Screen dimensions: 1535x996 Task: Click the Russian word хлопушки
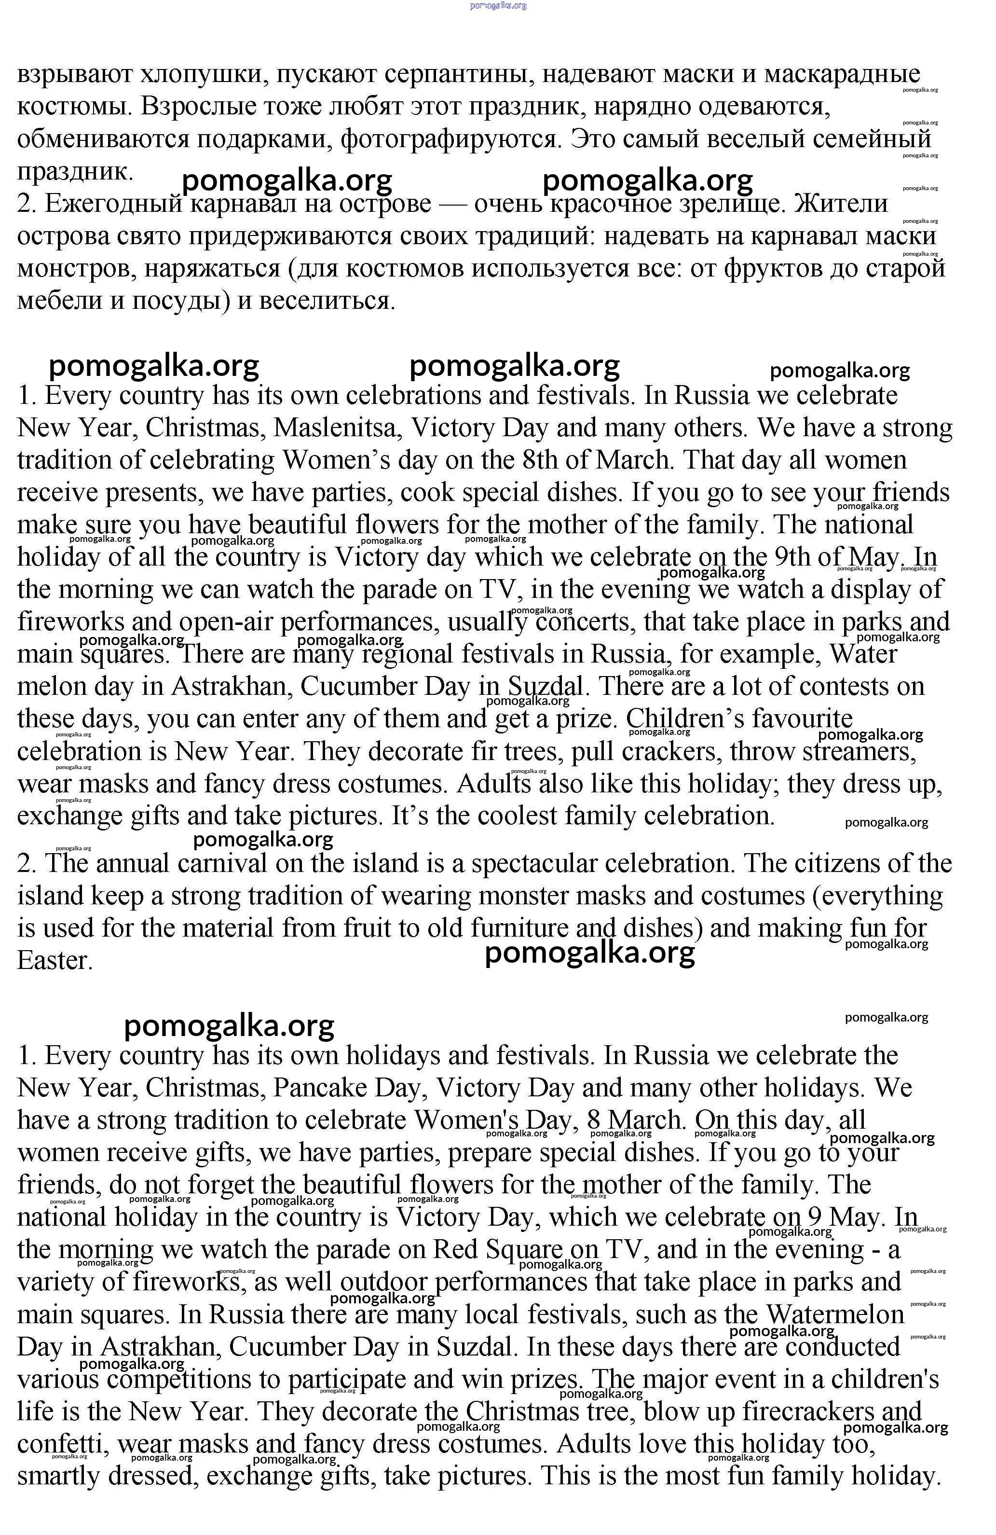point(204,75)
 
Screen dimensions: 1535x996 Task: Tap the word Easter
point(55,961)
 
